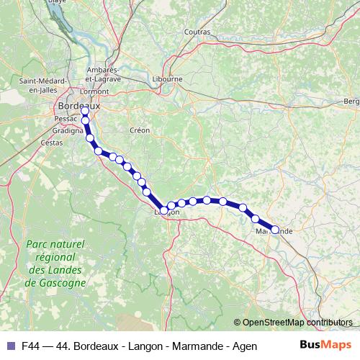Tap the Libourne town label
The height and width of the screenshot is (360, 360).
click(168, 79)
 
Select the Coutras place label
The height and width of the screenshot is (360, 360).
click(197, 32)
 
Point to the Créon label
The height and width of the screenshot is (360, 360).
click(139, 130)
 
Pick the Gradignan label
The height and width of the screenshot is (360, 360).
click(68, 132)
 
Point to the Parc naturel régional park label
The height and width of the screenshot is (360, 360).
click(55, 263)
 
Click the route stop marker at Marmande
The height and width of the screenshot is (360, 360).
click(274, 230)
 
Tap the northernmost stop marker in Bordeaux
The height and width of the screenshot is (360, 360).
click(85, 111)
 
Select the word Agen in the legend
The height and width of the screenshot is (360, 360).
click(246, 346)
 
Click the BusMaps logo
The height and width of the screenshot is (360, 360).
click(326, 346)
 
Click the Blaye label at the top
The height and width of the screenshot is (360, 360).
click(76, 2)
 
